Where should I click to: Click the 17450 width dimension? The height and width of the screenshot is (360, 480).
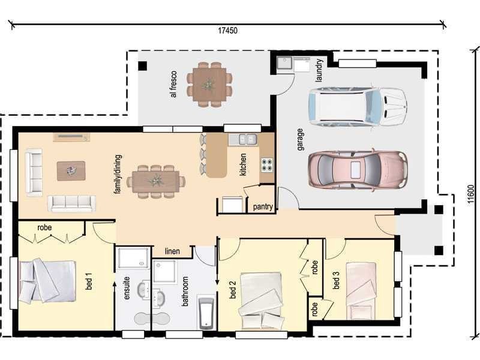point(227,30)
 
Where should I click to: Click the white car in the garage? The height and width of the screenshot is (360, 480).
point(357,106)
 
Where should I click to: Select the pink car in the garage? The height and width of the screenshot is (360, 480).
point(357,170)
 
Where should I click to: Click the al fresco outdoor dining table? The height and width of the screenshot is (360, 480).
point(209,85)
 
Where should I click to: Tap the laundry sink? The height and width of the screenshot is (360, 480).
point(284,63)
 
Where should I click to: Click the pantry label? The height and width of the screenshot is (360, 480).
point(263,208)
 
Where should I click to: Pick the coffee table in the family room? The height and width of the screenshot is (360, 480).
point(71,170)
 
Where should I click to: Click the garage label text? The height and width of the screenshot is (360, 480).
point(300,139)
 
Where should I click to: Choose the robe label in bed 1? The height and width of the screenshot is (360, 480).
point(44,228)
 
